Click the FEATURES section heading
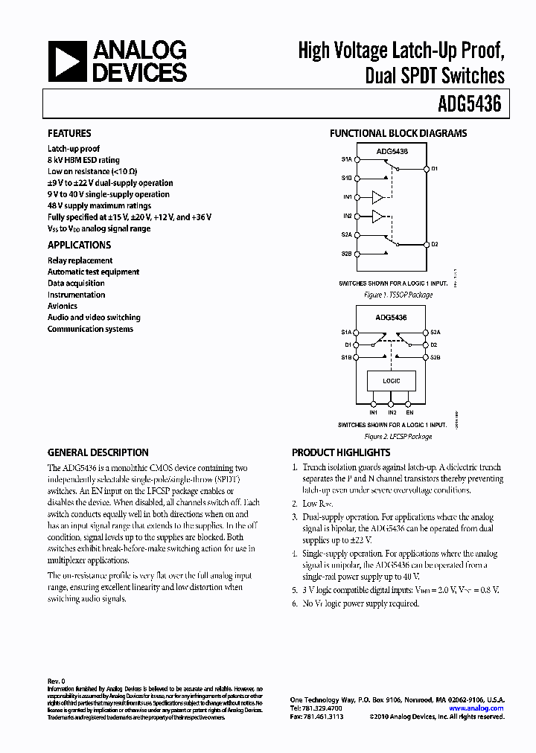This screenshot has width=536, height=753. [69, 133]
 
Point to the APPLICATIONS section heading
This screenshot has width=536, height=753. [79, 245]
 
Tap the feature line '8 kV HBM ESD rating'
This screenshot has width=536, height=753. [83, 160]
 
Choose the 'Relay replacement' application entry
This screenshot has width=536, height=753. [80, 260]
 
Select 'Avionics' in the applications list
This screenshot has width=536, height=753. [63, 306]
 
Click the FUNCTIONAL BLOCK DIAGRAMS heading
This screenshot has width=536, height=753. [398, 134]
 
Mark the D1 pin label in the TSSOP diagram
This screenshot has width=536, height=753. [435, 169]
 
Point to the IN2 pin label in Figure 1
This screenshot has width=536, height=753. [347, 216]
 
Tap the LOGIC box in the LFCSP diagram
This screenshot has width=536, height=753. [392, 381]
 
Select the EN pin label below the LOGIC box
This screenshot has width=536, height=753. [410, 411]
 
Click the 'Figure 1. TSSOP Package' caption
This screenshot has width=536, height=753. [398, 295]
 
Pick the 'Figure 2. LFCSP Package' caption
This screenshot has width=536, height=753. [398, 437]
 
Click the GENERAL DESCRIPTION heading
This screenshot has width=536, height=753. [98, 452]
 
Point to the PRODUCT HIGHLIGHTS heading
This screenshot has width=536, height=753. [341, 452]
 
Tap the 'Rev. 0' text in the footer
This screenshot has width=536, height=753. [57, 681]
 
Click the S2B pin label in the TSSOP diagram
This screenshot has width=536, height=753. [347, 254]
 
